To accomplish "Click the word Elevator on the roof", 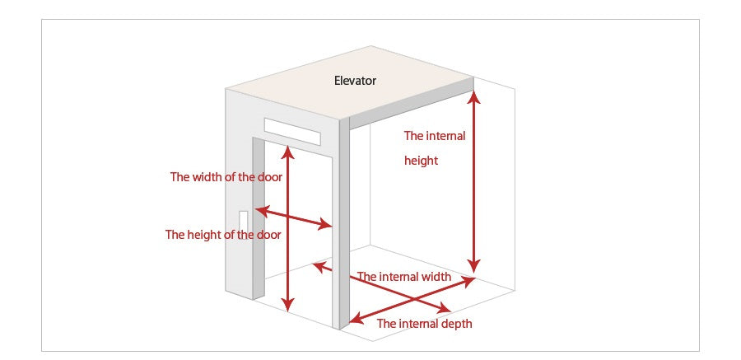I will click(x=355, y=81).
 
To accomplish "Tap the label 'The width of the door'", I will click(x=226, y=177).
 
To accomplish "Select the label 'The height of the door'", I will click(x=223, y=235).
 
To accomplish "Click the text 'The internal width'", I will click(x=403, y=277).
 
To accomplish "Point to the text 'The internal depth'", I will click(x=424, y=324).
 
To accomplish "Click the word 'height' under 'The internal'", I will click(x=421, y=161).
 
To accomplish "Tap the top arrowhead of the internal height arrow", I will click(x=473, y=96).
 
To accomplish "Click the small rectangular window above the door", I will click(x=291, y=130).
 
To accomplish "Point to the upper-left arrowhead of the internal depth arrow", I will click(x=317, y=265).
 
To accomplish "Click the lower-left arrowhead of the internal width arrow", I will click(x=355, y=318).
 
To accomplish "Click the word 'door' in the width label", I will click(x=269, y=177).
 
